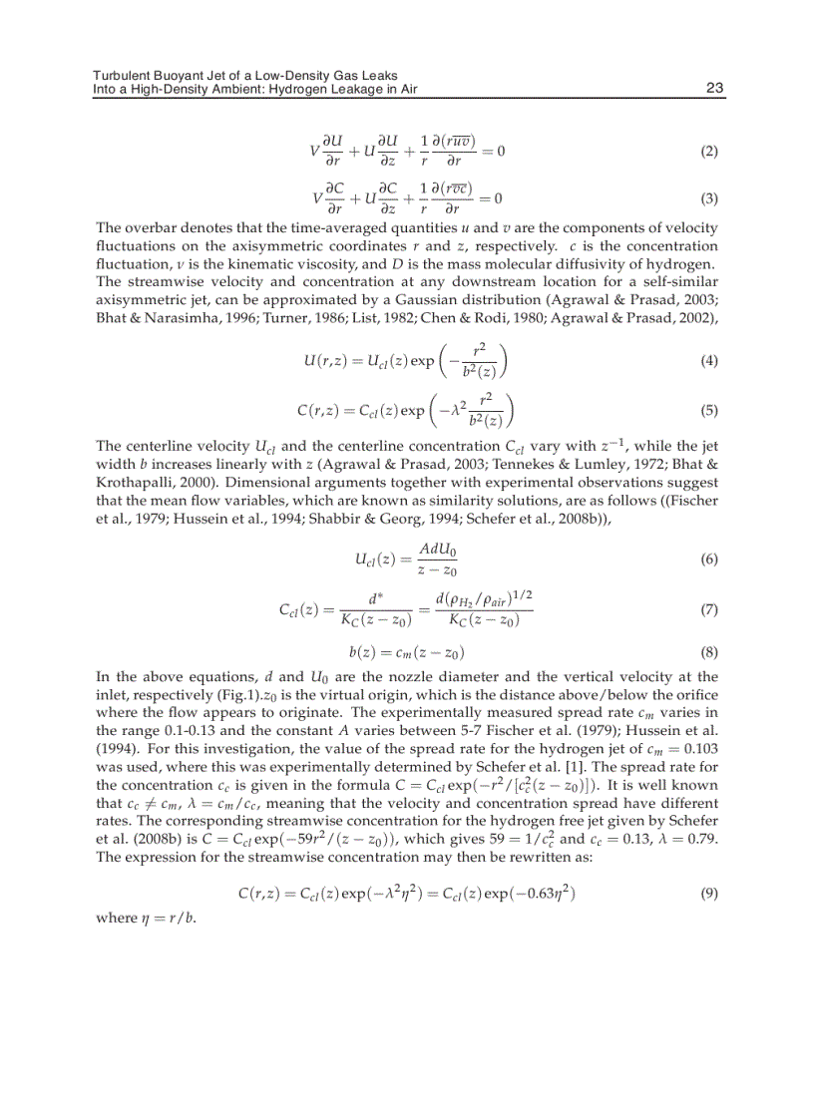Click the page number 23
pyautogui.click(x=714, y=88)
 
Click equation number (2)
pyautogui.click(x=709, y=152)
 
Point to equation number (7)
pyautogui.click(x=709, y=608)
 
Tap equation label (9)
pyautogui.click(x=709, y=894)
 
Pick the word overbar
pyautogui.click(x=150, y=228)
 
